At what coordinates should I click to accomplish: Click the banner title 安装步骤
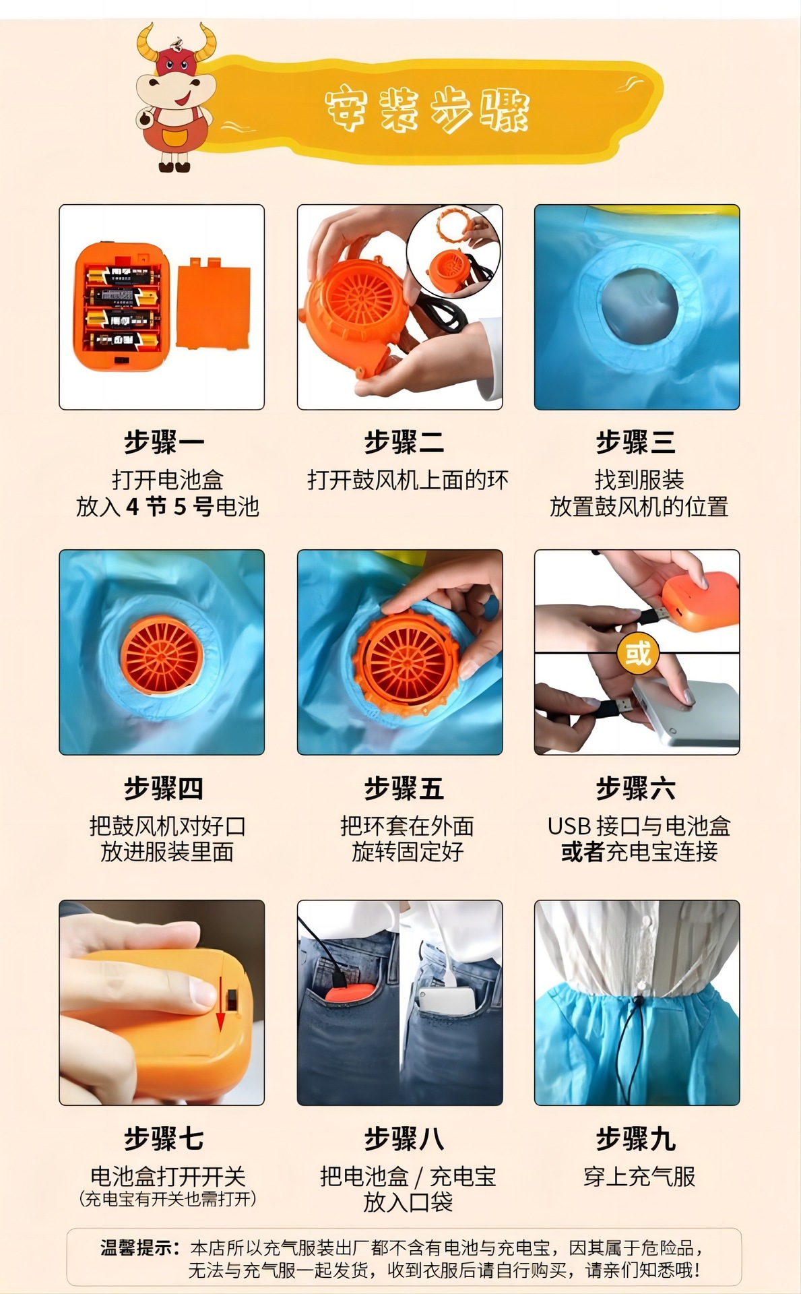pyautogui.click(x=427, y=110)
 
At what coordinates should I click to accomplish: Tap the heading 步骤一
pyautogui.click(x=163, y=443)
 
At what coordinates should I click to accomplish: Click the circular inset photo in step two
pyautogui.click(x=453, y=251)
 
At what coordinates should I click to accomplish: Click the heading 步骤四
pyautogui.click(x=163, y=788)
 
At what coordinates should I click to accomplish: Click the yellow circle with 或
pyautogui.click(x=637, y=652)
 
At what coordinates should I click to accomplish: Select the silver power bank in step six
pyautogui.click(x=691, y=715)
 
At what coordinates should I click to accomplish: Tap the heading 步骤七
pyautogui.click(x=163, y=1138)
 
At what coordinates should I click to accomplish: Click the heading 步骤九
pyautogui.click(x=635, y=1138)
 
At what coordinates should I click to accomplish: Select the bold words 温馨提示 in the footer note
pyautogui.click(x=139, y=1247)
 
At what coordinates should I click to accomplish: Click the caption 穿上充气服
pyautogui.click(x=639, y=1177)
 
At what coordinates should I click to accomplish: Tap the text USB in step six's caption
pyautogui.click(x=569, y=826)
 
